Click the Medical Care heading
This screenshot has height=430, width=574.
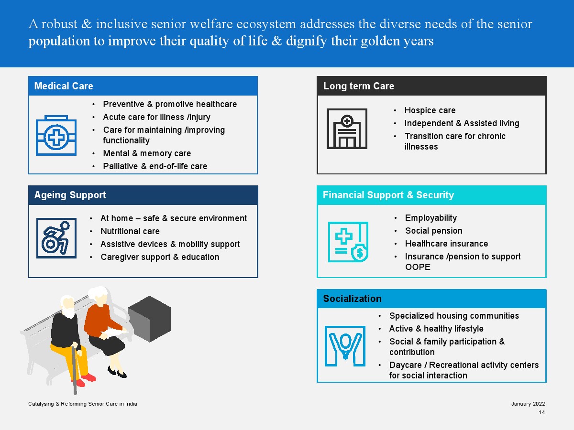pos(64,86)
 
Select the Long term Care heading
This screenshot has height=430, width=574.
pos(359,86)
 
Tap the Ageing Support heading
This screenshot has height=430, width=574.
pos(70,195)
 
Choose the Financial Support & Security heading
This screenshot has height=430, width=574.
pos(388,195)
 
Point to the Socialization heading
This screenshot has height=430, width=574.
pos(353,299)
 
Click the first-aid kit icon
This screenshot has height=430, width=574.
pos(56,135)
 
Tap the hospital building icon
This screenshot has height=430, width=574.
pos(347,129)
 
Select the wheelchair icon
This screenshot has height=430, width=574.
pos(56,238)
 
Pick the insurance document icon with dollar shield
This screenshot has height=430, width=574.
pos(348,242)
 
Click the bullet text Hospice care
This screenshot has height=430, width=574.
pos(430,111)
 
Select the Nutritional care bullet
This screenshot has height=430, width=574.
pos(130,232)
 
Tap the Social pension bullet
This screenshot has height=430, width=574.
pos(434,231)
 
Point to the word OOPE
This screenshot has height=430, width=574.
pos(418,268)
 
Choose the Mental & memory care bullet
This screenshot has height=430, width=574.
pos(147,154)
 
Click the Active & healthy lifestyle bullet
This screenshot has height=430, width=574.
pos(436,329)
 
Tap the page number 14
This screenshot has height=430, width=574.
pos(541,413)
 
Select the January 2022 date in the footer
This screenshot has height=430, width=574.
pos(528,404)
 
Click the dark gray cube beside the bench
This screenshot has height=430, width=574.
pos(150,318)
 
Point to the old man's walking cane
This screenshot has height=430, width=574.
pos(75,368)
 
